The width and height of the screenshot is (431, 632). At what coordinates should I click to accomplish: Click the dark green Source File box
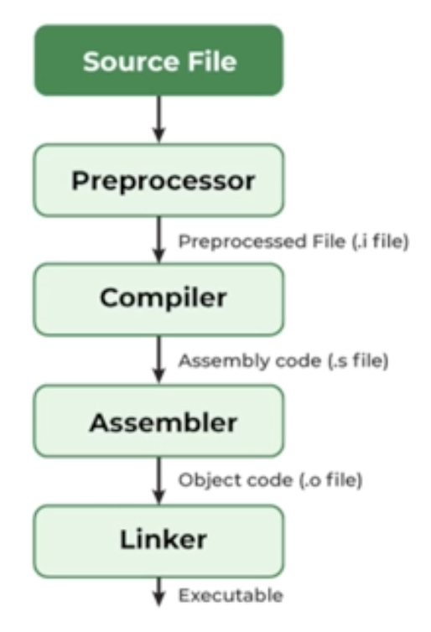[x=159, y=60]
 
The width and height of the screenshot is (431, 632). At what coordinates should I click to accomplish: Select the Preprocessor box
[x=159, y=180]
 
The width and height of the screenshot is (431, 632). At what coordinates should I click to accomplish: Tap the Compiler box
[x=159, y=299]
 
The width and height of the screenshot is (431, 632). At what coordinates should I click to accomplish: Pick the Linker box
[x=159, y=538]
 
